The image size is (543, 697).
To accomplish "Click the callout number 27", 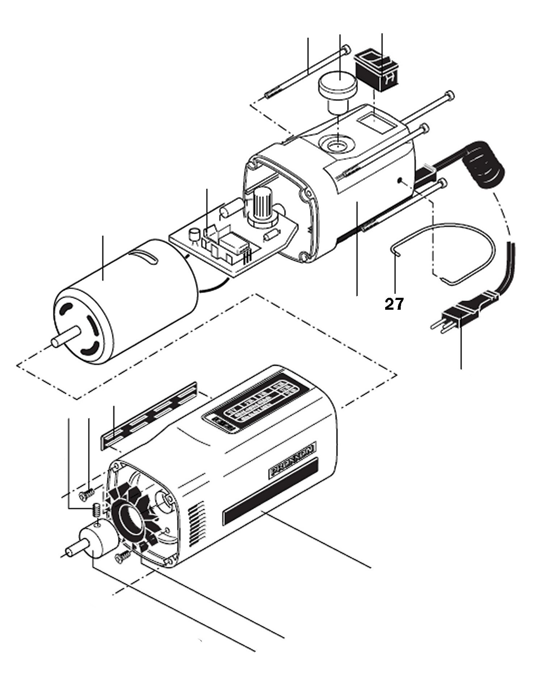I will [x=394, y=304].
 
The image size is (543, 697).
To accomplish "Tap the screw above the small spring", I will [x=86, y=494].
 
